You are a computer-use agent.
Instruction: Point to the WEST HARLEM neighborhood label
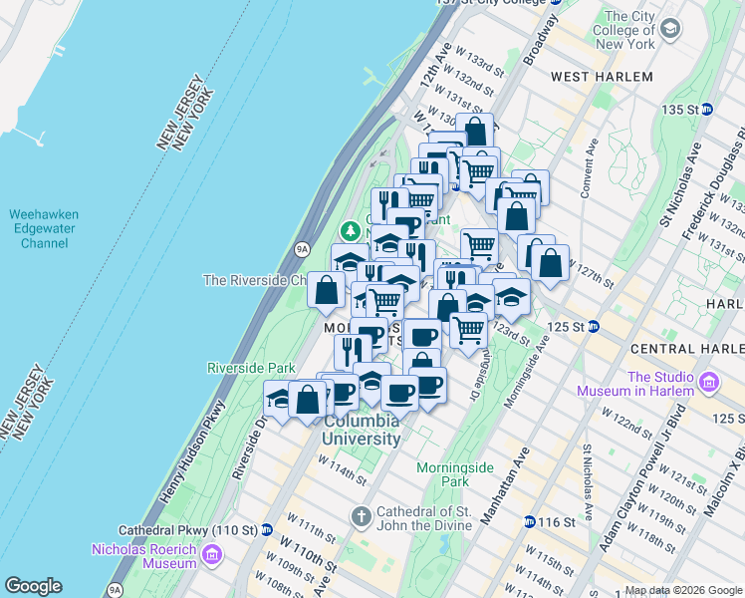coord(602,77)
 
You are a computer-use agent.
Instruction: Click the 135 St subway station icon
coord(706,109)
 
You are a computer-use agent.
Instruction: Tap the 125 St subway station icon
coord(594,326)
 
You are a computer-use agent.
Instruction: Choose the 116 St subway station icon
coord(530,521)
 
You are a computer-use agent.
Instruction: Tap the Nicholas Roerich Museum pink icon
coord(211,554)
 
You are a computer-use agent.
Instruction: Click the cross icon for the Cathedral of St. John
coord(361,514)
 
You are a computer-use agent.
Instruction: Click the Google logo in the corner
coord(33,586)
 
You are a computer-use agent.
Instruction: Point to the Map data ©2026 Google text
coord(683,590)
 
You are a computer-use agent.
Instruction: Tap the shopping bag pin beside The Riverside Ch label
coord(326,291)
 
